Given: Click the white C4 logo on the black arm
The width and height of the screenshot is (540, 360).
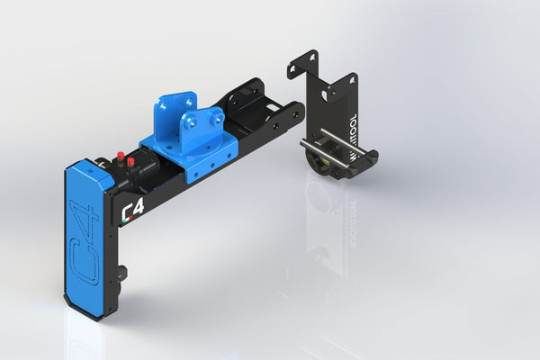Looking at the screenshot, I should [x=133, y=211].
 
